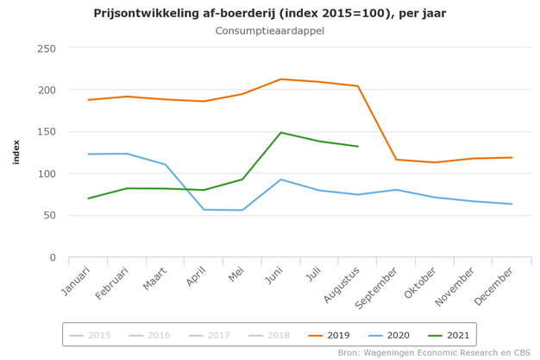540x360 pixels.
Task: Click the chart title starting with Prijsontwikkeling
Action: (x=270, y=13)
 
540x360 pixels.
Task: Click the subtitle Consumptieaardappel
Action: (x=270, y=31)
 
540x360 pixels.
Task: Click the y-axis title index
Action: (x=16, y=153)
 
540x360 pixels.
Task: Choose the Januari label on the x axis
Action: (x=76, y=282)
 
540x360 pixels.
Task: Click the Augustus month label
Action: (x=342, y=286)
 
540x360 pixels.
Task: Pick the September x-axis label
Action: (x=377, y=288)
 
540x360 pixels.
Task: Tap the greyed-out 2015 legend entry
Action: (x=91, y=335)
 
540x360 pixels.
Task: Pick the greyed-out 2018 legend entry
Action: (x=268, y=335)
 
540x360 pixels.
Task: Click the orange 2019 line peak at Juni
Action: (x=280, y=79)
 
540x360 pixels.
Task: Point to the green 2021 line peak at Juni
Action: (x=280, y=132)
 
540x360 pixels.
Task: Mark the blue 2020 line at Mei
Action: (x=242, y=210)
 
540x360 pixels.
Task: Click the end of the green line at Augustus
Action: (x=357, y=146)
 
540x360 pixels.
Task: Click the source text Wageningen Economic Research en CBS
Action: (x=434, y=352)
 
